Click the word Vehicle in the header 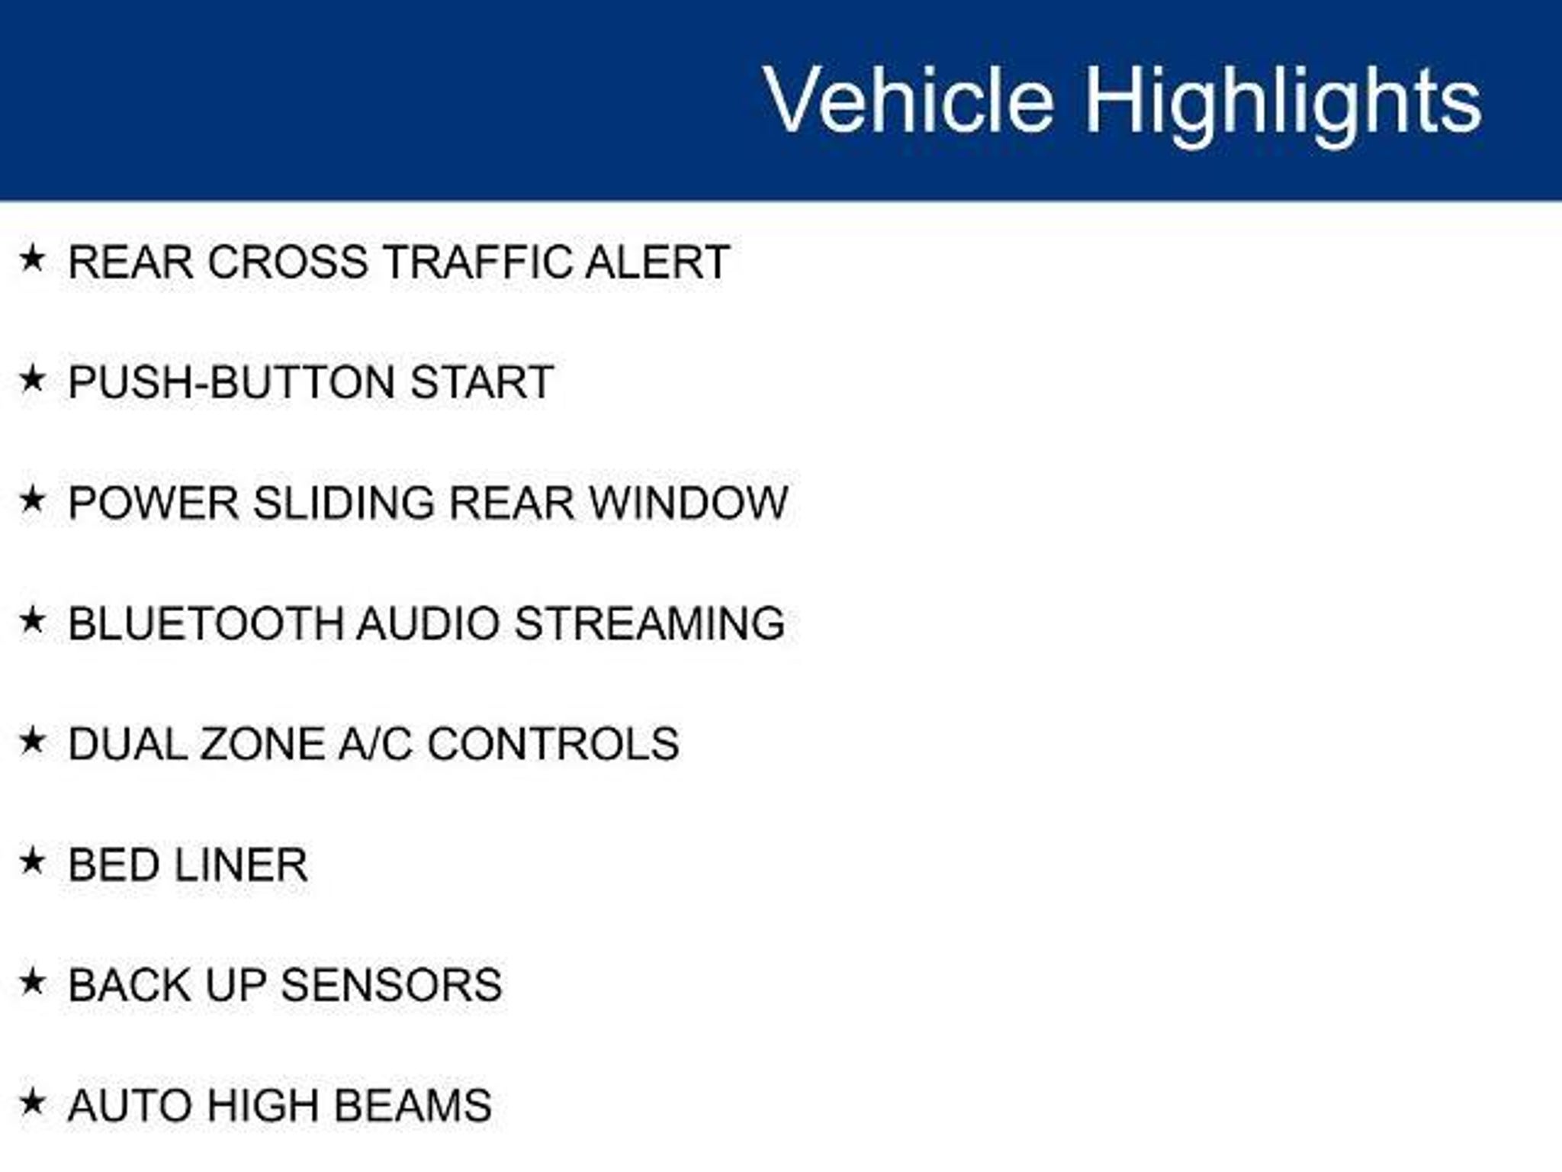[x=909, y=100]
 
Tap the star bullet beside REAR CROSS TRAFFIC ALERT [x=32, y=259]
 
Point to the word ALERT [x=657, y=262]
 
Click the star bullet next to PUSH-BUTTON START [x=32, y=379]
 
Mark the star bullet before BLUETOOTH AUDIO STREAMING [x=32, y=620]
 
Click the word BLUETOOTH [x=206, y=623]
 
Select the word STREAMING [x=650, y=623]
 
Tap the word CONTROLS [x=553, y=744]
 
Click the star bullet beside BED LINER [x=32, y=861]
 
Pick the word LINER [x=241, y=865]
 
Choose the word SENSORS [x=391, y=985]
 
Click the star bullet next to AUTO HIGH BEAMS [x=32, y=1103]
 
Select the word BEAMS [x=413, y=1106]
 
